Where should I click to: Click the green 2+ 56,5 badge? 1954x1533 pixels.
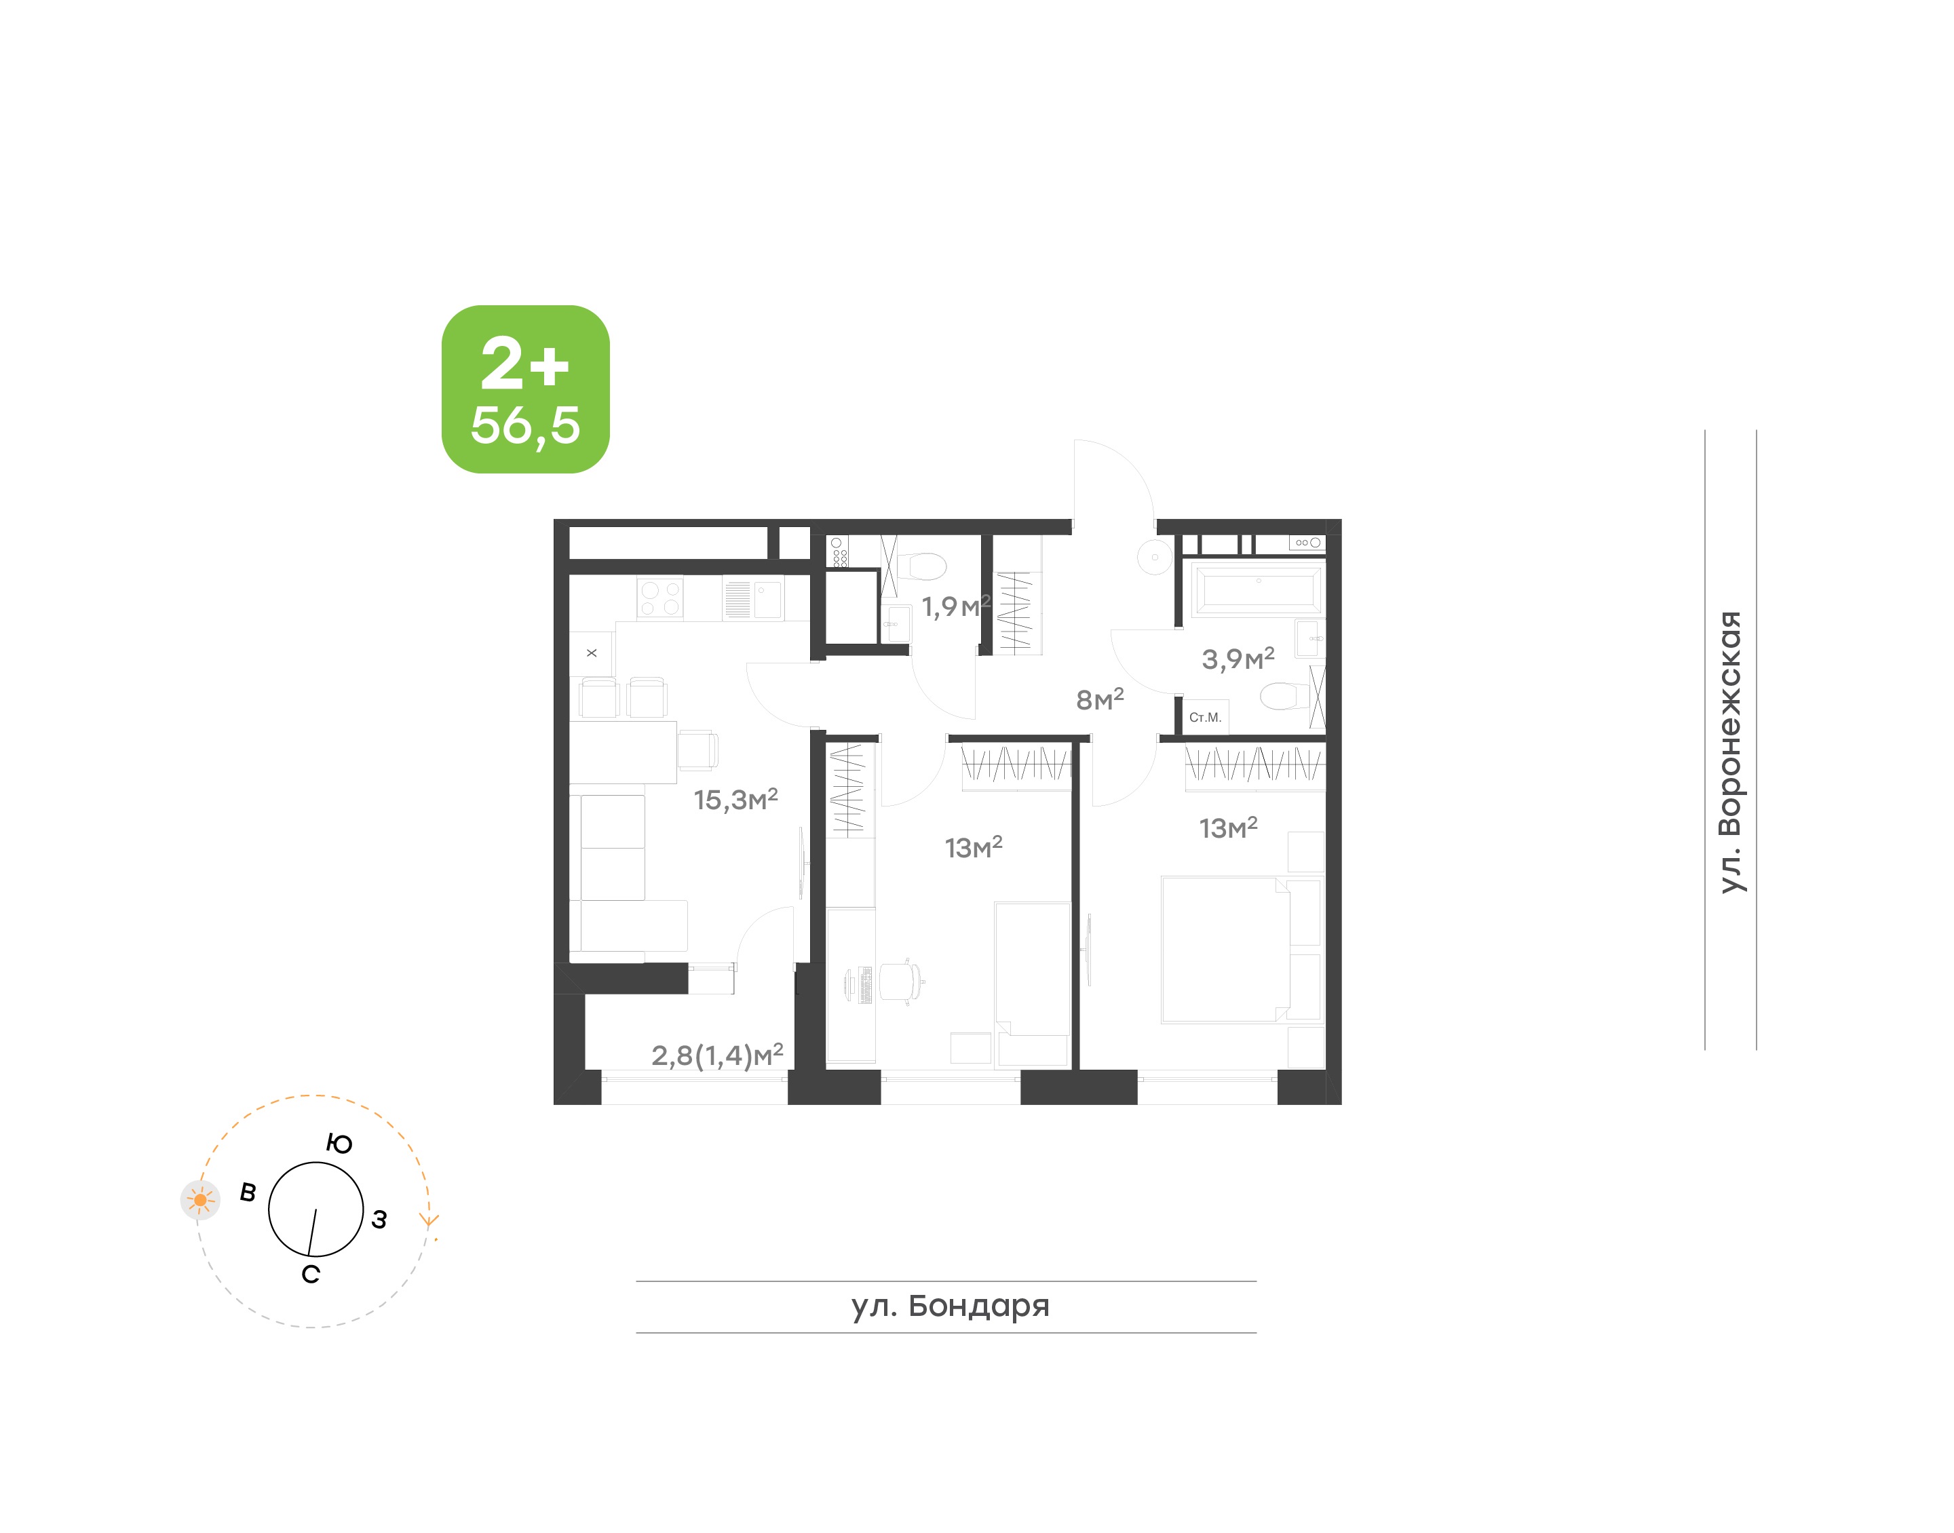tap(525, 389)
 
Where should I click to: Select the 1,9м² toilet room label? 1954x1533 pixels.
tap(956, 606)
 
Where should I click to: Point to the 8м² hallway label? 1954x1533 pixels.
tap(1100, 699)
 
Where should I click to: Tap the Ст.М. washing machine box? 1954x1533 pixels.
tap(1206, 717)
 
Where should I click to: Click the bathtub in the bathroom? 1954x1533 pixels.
tap(1259, 589)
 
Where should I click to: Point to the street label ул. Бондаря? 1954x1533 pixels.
tap(951, 1306)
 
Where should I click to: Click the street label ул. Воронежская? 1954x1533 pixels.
tap(1729, 752)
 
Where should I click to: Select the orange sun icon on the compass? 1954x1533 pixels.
tap(200, 1200)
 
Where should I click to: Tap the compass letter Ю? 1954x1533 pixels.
tap(339, 1144)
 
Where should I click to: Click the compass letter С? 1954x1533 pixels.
tap(311, 1275)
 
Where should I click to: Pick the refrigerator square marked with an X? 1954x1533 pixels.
tap(592, 653)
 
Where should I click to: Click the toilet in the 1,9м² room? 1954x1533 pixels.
tap(922, 566)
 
